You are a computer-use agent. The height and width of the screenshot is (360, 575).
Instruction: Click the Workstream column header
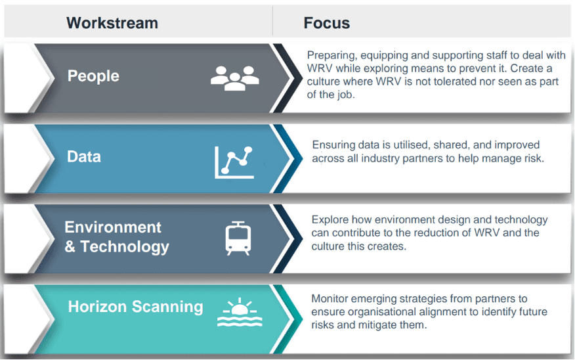(x=112, y=23)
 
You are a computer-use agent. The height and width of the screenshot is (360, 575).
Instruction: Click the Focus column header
(x=326, y=23)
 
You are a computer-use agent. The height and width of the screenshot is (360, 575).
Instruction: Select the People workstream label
(x=93, y=76)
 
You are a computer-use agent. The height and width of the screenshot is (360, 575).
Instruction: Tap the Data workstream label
(x=83, y=157)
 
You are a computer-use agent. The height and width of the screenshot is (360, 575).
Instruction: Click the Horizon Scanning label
(x=135, y=307)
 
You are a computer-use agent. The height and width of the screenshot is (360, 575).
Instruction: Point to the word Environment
(x=113, y=227)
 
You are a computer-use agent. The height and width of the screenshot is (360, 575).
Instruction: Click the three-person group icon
(x=235, y=78)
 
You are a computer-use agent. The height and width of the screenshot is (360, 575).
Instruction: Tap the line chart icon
(x=234, y=162)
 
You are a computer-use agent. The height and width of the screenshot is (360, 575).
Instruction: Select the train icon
(x=238, y=238)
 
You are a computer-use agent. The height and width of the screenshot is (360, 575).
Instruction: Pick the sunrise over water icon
(x=240, y=312)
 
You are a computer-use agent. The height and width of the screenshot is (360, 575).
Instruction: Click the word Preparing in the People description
(x=332, y=55)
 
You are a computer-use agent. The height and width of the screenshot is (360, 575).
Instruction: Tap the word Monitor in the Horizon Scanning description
(x=330, y=299)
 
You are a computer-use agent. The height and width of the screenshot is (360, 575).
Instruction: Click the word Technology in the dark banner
(x=125, y=247)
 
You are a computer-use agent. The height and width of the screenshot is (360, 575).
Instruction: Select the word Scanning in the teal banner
(x=167, y=307)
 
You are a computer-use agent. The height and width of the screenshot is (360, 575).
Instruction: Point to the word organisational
(x=382, y=312)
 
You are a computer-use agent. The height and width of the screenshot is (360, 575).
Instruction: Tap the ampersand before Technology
(x=70, y=246)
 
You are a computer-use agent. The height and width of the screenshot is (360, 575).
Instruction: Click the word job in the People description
(x=346, y=95)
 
